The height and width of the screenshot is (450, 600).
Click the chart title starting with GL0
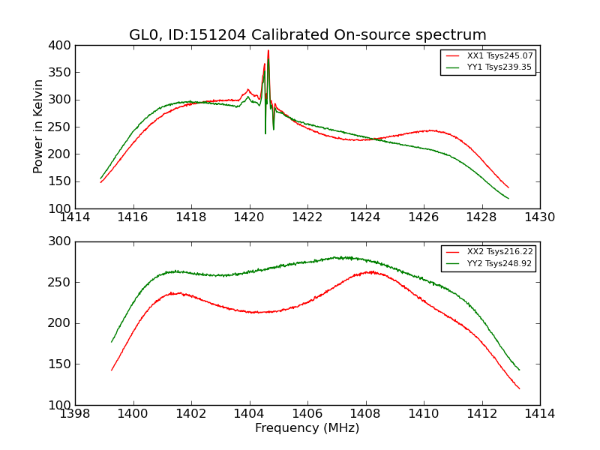pos(307,35)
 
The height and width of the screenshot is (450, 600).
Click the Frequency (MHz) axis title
pos(307,428)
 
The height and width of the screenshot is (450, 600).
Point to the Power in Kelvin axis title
pos(38,127)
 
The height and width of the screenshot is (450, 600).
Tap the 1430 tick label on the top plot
pos(540,217)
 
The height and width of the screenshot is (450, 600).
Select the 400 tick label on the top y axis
pos(62,46)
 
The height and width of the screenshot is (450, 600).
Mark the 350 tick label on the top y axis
pos(62,73)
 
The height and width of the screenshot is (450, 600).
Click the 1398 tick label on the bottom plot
pos(75,414)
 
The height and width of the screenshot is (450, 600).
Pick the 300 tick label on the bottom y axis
pos(62,241)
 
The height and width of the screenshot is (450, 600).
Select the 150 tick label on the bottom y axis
pos(62,364)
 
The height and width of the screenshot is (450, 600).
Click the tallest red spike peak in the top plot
pos(268,51)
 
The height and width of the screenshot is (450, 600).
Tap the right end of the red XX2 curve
pos(519,388)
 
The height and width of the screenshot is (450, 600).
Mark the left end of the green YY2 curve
pos(112,342)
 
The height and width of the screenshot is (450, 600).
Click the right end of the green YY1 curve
pos(508,199)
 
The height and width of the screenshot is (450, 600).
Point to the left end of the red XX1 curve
pos(100,182)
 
